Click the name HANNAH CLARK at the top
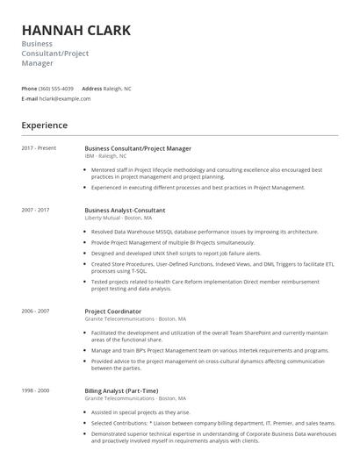pyautogui.click(x=76, y=30)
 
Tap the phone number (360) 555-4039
pyautogui.click(x=56, y=89)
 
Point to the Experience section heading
pyautogui.click(x=44, y=125)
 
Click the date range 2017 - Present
pyautogui.click(x=38, y=148)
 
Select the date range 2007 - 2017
pyautogui.click(x=35, y=211)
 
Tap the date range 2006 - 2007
pyautogui.click(x=35, y=311)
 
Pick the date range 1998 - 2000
pyautogui.click(x=35, y=390)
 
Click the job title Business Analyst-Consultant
pyautogui.click(x=125, y=211)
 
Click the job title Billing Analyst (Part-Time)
pyautogui.click(x=121, y=390)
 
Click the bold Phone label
pyautogui.click(x=29, y=89)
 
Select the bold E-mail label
pyautogui.click(x=30, y=98)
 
